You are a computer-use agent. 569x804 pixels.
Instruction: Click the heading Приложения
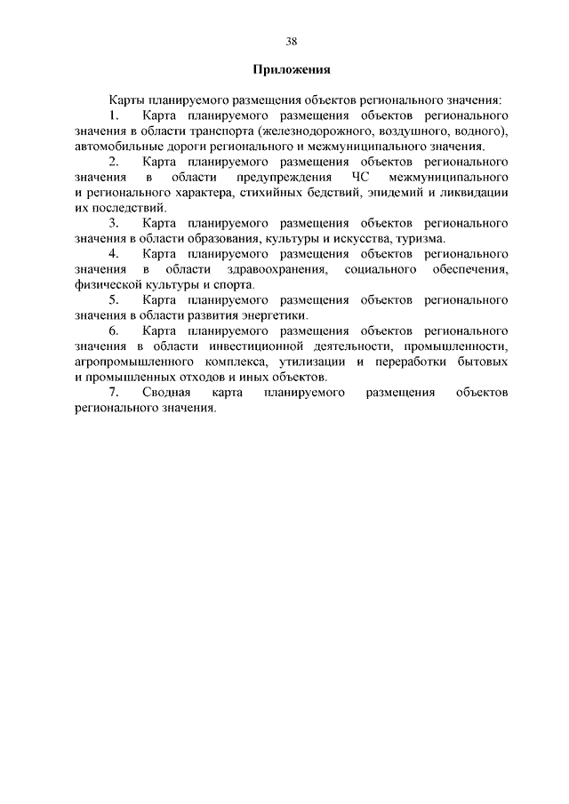click(x=292, y=69)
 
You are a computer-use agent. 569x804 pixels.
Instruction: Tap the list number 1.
click(x=113, y=116)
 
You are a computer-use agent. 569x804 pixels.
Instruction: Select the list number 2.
click(x=113, y=163)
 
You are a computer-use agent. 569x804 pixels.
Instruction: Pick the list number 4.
click(x=113, y=255)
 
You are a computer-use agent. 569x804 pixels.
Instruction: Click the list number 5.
click(x=113, y=300)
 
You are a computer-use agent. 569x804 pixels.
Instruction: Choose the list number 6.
click(x=113, y=331)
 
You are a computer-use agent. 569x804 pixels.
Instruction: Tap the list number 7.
click(x=113, y=393)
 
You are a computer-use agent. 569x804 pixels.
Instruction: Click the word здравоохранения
click(x=276, y=269)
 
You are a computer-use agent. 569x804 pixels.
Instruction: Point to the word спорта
click(x=234, y=285)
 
